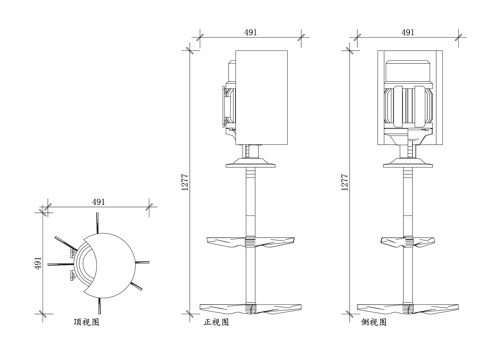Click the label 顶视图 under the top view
coord(87,323)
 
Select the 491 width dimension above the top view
coord(98,203)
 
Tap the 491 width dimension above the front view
coord(250,33)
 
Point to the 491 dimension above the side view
coord(408,33)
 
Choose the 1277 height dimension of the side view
coord(345,180)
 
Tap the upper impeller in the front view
coord(250,241)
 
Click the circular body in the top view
coord(108,263)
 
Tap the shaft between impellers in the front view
coord(250,274)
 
